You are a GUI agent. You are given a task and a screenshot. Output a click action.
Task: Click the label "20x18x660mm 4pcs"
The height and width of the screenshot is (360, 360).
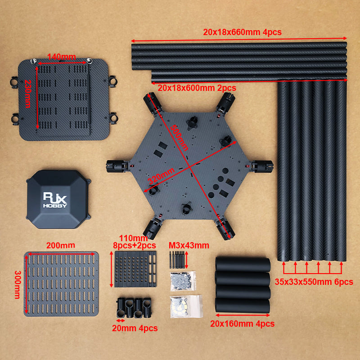(x=243, y=32)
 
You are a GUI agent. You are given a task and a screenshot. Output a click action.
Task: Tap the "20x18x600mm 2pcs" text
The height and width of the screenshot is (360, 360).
(x=197, y=87)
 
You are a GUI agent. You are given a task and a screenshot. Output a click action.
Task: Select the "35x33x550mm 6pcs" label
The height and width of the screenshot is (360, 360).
(x=314, y=282)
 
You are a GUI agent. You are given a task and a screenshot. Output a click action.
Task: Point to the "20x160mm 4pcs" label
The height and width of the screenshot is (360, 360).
(x=243, y=323)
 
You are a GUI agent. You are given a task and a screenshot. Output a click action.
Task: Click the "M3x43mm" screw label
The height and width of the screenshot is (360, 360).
(x=189, y=245)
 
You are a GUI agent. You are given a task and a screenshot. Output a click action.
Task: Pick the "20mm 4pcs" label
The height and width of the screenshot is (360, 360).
(x=135, y=328)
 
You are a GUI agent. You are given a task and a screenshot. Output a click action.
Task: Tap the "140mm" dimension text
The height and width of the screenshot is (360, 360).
(x=61, y=57)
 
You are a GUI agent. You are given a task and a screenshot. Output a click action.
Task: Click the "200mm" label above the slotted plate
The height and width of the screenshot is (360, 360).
(x=60, y=245)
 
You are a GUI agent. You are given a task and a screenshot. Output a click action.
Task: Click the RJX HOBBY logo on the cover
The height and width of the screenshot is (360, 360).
(x=55, y=199)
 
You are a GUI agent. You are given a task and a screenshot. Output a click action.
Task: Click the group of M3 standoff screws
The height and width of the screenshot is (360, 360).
(x=177, y=260)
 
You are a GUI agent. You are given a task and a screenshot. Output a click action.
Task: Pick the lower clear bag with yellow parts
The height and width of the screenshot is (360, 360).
(x=185, y=306)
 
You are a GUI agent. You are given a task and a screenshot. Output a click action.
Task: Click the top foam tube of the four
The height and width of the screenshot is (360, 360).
(x=243, y=264)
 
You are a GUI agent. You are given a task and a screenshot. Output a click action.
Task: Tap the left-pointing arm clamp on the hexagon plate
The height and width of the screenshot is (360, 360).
(x=116, y=166)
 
